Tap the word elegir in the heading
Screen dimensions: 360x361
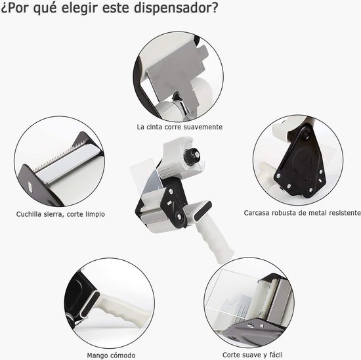[88, 10]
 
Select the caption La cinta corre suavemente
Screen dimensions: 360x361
[179, 126]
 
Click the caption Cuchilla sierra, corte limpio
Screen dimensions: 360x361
[60, 214]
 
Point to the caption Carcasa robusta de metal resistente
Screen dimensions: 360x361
[302, 213]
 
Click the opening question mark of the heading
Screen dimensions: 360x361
[5, 10]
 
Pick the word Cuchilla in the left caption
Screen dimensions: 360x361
[30, 214]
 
